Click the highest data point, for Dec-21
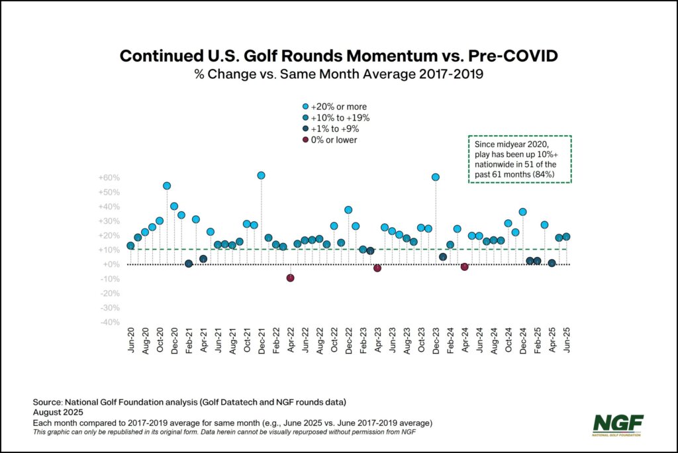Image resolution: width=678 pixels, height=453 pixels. (261, 176)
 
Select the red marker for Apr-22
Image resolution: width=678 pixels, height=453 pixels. (290, 277)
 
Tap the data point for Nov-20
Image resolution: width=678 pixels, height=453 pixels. (167, 186)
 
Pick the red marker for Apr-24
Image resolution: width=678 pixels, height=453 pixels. (465, 267)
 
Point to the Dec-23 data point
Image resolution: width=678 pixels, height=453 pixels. (436, 177)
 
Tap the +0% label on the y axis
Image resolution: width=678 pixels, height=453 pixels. (111, 265)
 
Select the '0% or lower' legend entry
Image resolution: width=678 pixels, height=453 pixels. (333, 140)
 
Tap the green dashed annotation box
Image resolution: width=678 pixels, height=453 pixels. (520, 159)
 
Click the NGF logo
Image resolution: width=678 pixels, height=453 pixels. (618, 424)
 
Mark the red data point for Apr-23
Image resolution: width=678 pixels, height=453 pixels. (377, 268)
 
